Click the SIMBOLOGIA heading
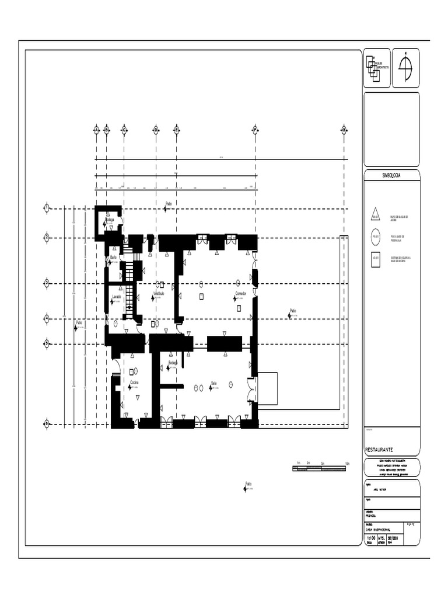391,175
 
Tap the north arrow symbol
405,67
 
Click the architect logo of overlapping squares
373,68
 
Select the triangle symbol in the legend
376,215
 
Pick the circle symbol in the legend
376,237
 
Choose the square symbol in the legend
376,258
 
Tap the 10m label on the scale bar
347,463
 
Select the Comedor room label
241,293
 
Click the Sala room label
214,383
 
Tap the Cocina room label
134,383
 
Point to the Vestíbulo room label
159,293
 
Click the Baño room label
113,257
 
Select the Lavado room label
117,297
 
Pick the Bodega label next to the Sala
173,363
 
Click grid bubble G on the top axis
344,130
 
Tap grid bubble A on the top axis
96,130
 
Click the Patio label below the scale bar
249,484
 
